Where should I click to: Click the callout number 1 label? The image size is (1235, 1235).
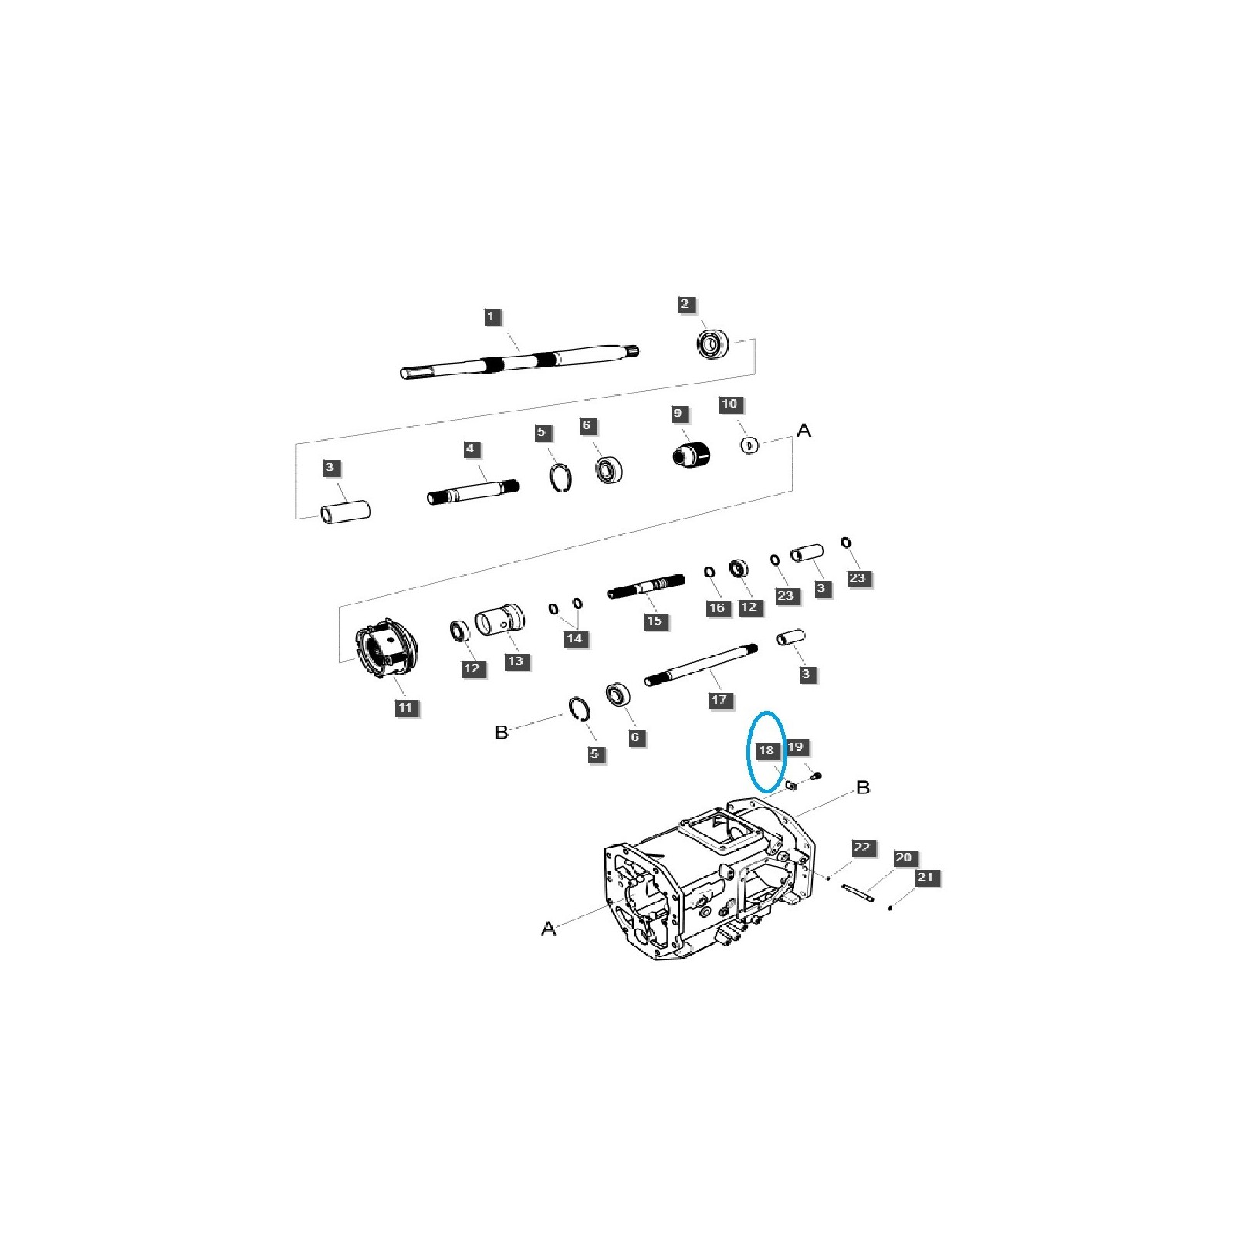click(x=491, y=316)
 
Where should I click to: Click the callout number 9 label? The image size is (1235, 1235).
click(x=678, y=414)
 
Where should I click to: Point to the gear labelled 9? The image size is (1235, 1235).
click(x=692, y=455)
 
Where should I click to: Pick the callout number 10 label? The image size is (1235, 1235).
click(x=729, y=404)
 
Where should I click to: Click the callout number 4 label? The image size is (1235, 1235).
click(x=470, y=448)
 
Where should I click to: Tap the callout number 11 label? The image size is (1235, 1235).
click(x=405, y=707)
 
